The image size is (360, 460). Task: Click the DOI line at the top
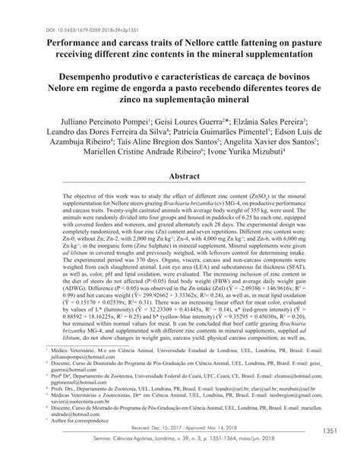[x=90, y=9]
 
